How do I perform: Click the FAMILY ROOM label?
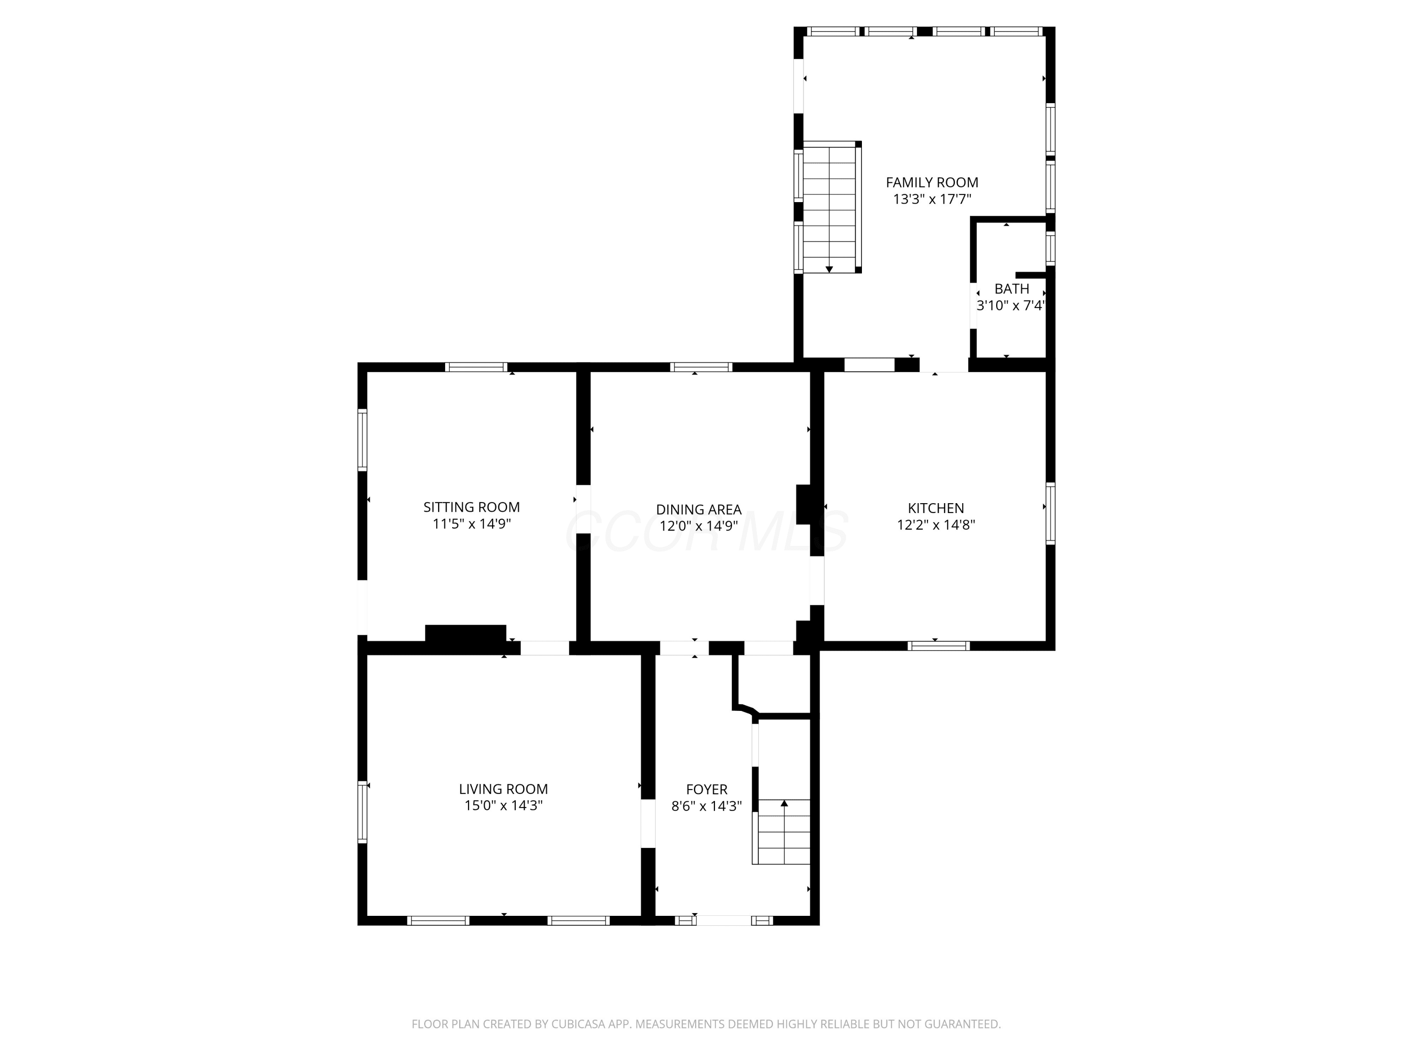(932, 182)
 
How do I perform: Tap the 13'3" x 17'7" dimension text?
(932, 199)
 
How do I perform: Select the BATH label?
(1012, 289)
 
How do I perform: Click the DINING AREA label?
(699, 509)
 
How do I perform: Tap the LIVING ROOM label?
(503, 789)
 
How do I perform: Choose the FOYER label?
(706, 789)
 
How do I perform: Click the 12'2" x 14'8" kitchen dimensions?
(936, 525)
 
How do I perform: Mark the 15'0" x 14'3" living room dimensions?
(503, 806)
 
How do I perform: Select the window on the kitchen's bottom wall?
(938, 646)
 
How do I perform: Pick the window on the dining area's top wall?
(701, 367)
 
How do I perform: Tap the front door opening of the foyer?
(724, 921)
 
